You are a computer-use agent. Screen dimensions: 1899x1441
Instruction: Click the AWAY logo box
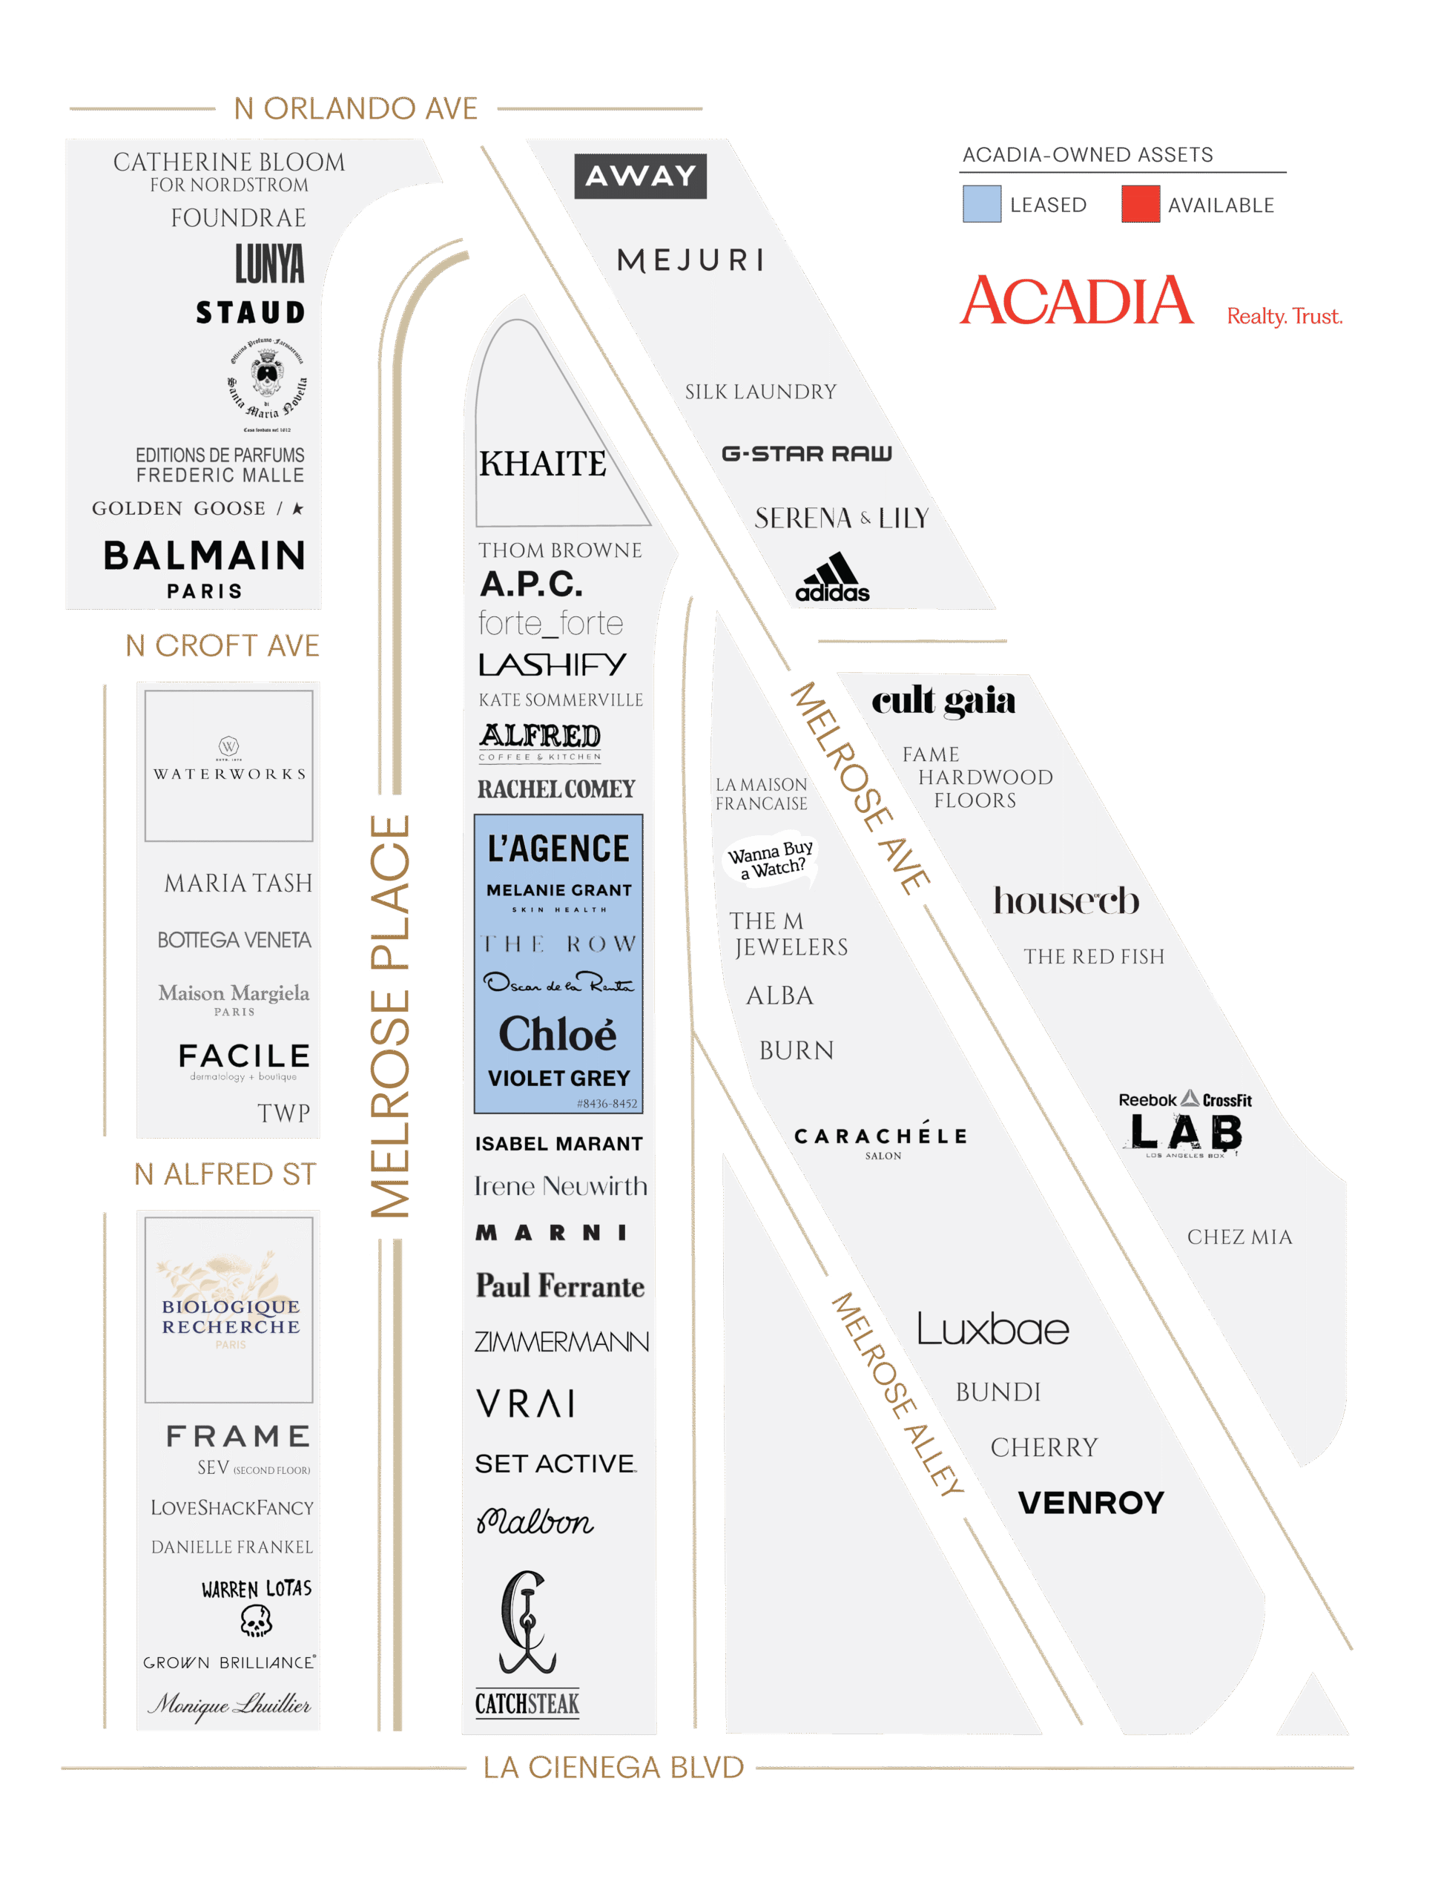click(639, 176)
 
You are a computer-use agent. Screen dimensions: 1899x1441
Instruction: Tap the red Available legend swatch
click(1140, 204)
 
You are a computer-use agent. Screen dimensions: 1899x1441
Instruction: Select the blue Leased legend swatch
click(981, 204)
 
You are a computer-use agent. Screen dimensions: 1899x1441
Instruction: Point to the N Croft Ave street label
click(222, 645)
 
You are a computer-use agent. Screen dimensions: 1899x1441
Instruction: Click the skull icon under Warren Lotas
click(256, 1621)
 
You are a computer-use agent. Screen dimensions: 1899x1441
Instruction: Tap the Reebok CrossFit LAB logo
click(1184, 1125)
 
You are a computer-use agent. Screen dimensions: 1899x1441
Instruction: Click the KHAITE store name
click(542, 464)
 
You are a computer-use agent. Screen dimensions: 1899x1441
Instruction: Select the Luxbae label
click(992, 1330)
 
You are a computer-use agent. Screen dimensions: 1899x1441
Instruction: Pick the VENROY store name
click(1090, 1502)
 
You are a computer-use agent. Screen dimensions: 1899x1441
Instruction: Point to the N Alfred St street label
click(225, 1174)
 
